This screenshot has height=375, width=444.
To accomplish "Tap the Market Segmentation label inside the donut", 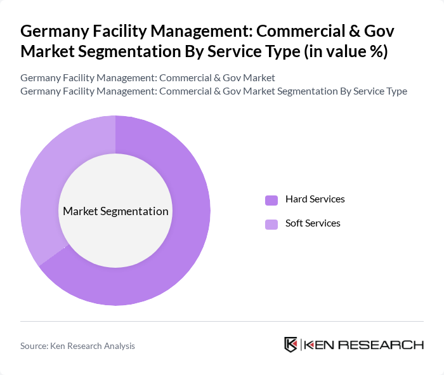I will click(x=115, y=211).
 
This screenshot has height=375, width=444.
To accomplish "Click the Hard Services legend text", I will click(x=315, y=199).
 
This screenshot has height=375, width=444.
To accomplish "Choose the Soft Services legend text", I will click(x=313, y=223).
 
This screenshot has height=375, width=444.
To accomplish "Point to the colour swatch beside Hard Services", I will click(x=271, y=200).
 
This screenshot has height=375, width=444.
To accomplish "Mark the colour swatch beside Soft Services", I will click(x=271, y=224).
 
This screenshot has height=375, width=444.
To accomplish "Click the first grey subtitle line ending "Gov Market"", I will click(x=148, y=78).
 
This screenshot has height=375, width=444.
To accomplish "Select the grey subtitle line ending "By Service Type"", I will click(x=214, y=91).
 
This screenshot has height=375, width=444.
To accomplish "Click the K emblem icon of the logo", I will click(x=291, y=345).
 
